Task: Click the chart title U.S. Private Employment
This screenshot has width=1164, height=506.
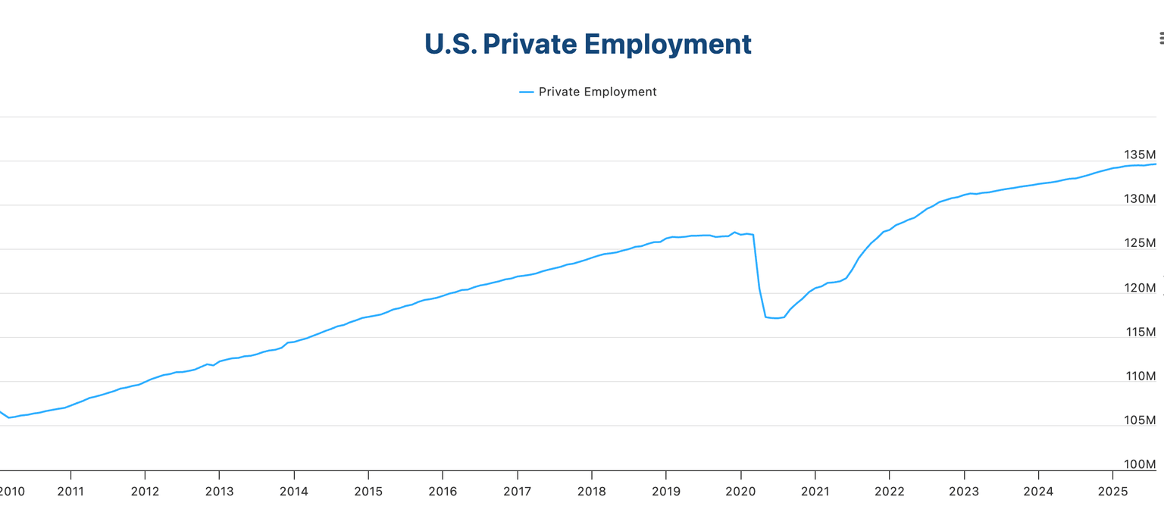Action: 587,44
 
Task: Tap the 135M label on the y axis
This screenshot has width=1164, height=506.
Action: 1139,155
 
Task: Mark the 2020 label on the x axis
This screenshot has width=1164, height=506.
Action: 740,491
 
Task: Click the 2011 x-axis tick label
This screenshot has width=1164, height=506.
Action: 70,491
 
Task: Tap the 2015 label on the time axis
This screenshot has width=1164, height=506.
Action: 368,491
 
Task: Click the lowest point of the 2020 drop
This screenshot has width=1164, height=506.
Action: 776,318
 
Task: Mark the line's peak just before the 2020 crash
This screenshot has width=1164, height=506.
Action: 734,232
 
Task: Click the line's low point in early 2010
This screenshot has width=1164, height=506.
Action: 9,417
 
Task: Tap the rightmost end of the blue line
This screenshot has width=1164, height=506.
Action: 1156,164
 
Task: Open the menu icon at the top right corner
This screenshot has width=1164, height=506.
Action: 1160,38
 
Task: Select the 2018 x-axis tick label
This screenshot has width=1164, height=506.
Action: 591,491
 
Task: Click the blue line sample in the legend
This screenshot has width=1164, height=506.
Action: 527,92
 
